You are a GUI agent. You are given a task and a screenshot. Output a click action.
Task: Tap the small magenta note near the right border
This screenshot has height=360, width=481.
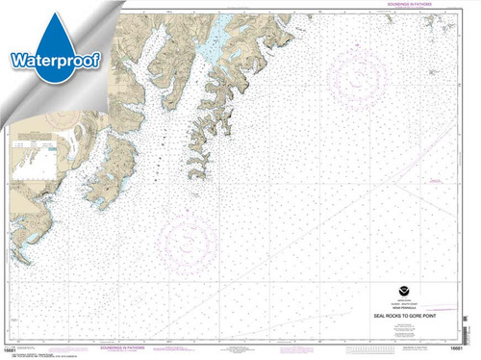pos(438,180)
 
